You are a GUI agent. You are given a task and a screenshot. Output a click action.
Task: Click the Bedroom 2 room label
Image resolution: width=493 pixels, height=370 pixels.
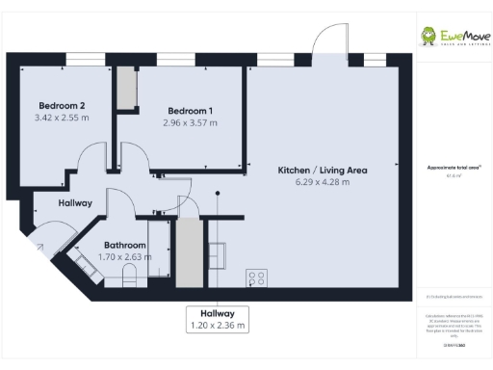click(61, 105)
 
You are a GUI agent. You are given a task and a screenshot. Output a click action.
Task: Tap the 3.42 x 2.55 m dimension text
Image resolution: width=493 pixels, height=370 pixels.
click(61, 118)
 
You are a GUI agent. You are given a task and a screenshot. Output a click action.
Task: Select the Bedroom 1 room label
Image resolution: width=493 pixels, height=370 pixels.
click(190, 110)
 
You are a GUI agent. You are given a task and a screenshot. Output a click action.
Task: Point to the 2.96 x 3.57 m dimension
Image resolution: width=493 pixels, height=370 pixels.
click(190, 122)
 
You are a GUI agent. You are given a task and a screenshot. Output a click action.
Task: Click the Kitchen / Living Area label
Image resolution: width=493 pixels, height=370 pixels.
click(323, 170)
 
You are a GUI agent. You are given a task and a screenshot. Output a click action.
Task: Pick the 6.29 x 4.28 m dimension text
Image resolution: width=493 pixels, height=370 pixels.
click(323, 181)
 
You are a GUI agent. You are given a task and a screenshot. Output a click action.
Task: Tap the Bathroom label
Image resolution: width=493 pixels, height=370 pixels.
click(125, 245)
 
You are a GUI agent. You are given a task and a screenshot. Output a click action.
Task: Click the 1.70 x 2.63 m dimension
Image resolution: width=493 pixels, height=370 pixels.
click(125, 256)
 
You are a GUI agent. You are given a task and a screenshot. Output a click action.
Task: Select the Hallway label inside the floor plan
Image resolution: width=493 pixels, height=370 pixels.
click(74, 203)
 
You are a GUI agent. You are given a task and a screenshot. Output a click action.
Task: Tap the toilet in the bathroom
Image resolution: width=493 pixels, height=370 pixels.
click(129, 278)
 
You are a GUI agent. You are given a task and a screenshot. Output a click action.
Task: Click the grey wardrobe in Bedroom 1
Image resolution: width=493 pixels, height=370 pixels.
click(126, 90)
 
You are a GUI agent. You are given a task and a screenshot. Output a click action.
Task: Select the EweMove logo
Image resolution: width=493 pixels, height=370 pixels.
click(454, 36)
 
